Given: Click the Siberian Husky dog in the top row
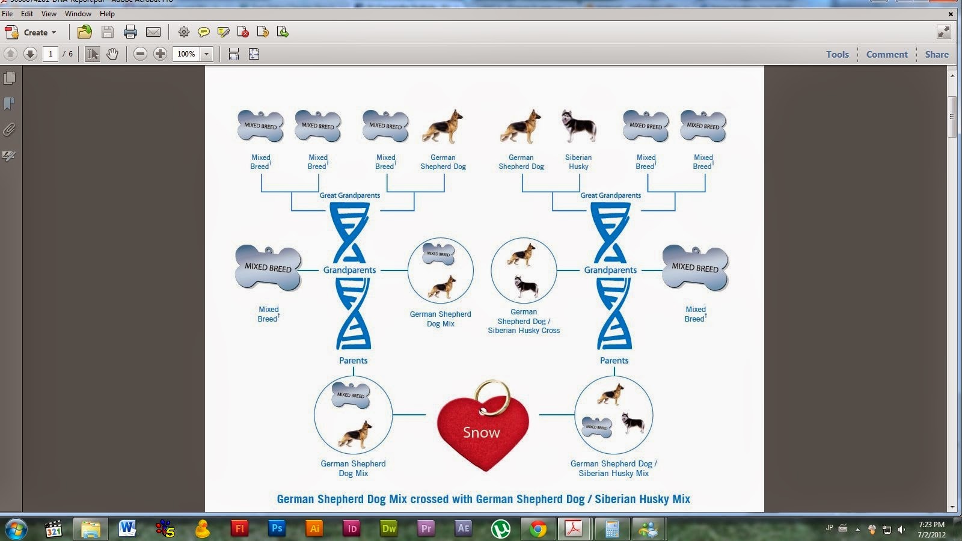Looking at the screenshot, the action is coord(578,127).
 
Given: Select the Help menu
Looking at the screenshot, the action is coord(107,13).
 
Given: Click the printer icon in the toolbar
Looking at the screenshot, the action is coord(130,32).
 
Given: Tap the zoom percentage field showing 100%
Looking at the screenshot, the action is coord(186,54).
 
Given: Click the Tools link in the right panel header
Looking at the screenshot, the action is coord(837,54).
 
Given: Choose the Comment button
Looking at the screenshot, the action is coord(887,54).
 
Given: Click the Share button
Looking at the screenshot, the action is coord(937,54).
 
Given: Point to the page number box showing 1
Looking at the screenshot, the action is coord(51,54).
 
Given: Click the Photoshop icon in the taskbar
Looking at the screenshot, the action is coord(277,528).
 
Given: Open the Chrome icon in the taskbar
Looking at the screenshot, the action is coord(538,529).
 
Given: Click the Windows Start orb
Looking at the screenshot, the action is coord(15,529).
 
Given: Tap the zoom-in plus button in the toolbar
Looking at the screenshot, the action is coord(160,54).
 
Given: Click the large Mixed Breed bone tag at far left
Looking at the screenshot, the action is coord(268,267).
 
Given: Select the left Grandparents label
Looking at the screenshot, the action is coord(349,270).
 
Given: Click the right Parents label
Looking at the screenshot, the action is coord(614,361).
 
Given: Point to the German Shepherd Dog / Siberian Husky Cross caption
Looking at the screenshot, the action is coord(524,321).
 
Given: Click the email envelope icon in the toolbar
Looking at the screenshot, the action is coord(153,32).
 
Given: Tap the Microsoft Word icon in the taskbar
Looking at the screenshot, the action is coord(127,528).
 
